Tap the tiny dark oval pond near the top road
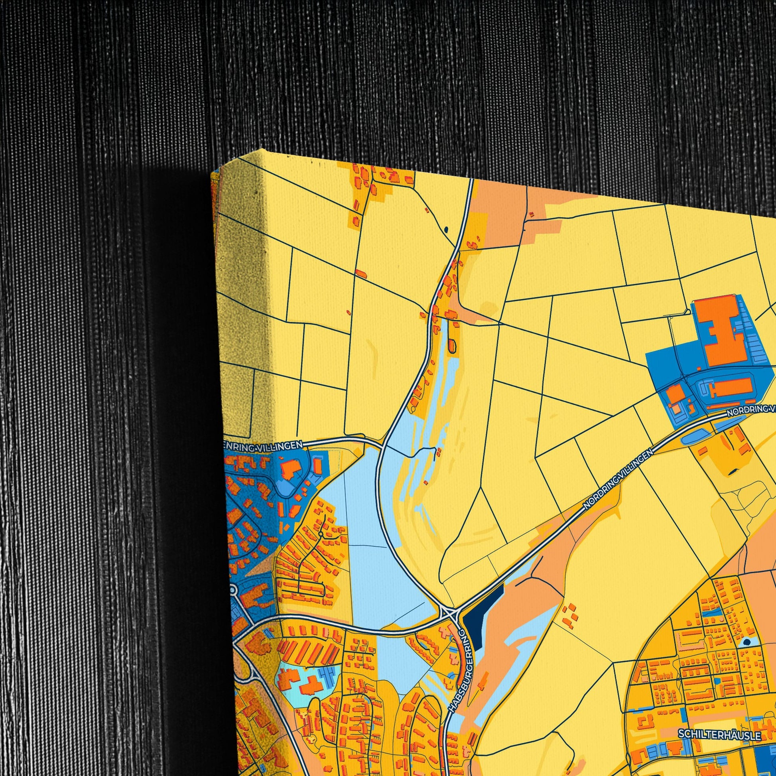point(446,230)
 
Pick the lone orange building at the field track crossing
point(361,274)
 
